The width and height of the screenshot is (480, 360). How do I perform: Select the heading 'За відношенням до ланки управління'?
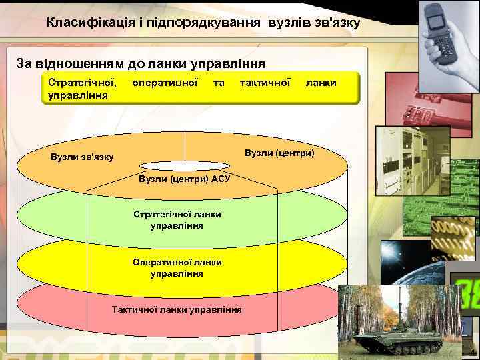coord(141,63)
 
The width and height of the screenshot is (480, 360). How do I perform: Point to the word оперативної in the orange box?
coord(165,83)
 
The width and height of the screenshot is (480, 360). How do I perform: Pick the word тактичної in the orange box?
coord(265,83)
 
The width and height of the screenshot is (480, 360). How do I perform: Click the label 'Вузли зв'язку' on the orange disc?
coord(82,157)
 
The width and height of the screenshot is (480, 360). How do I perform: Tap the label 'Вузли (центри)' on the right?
coord(279,153)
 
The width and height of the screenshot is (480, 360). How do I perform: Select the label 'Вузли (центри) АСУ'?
coord(184,179)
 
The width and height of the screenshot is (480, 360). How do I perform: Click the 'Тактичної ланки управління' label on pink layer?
coord(177,310)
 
